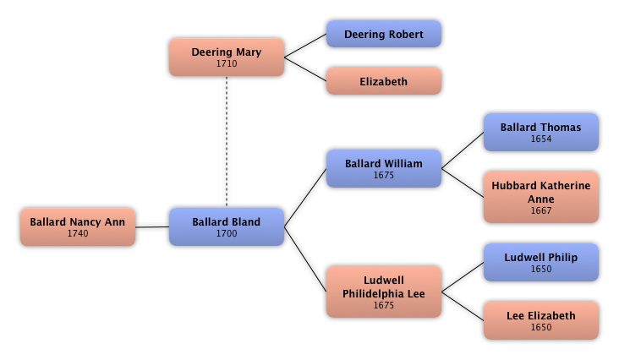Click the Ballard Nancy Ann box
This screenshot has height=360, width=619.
[x=78, y=227]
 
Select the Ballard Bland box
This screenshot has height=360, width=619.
[x=226, y=227]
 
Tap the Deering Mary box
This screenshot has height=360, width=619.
[x=226, y=57]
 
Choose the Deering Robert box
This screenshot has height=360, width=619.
[x=383, y=35]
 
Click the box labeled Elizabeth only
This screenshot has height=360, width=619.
[x=383, y=82]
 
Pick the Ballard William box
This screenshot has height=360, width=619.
[x=383, y=169]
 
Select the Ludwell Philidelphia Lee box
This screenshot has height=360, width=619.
[x=383, y=292]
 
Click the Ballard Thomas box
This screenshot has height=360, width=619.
[x=540, y=133]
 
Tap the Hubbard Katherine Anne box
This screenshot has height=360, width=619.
[x=540, y=198]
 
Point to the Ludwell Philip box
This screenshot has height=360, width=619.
[x=540, y=263]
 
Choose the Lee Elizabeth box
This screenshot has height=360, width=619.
[x=540, y=321]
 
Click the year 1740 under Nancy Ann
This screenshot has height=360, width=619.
[x=78, y=234]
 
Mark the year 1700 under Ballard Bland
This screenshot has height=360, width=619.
[x=226, y=234]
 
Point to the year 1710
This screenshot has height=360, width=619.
[x=226, y=63]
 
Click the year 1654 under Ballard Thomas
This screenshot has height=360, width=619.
[x=540, y=139]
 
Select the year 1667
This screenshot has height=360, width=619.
[x=540, y=211]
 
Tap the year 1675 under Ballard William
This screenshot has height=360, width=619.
[x=383, y=176]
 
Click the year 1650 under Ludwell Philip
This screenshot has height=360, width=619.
[x=540, y=270]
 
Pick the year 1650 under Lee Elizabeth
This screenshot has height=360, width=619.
[x=540, y=328]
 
